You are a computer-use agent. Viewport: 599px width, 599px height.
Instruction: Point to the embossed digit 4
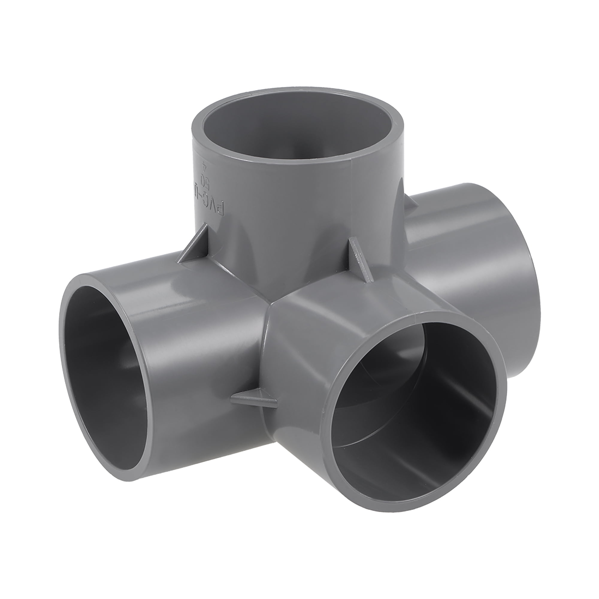click(203, 167)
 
